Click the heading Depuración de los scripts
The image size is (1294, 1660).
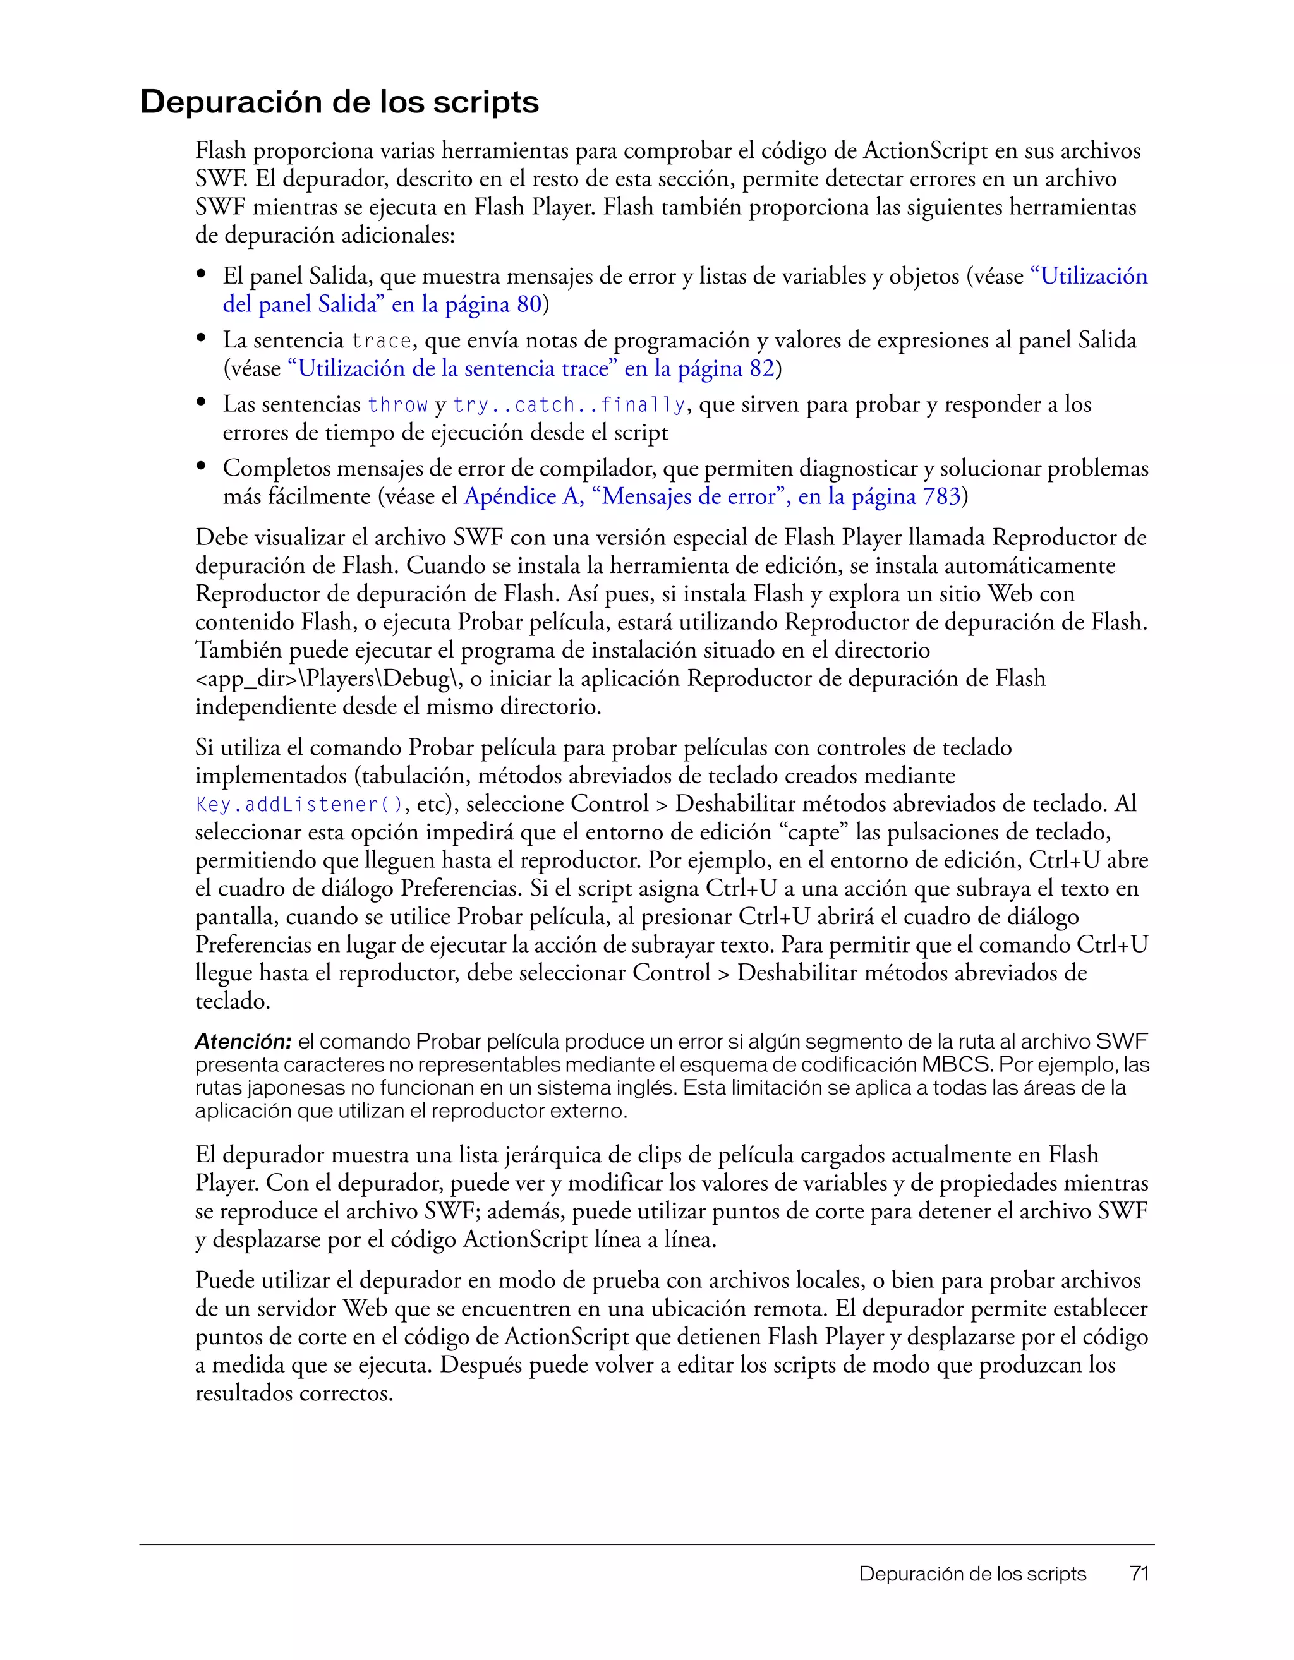pos(339,102)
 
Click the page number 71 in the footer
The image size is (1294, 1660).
pos(1138,1573)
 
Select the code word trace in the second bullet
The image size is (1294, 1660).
pos(381,340)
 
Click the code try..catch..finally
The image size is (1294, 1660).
pos(569,405)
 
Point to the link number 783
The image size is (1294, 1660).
pos(942,496)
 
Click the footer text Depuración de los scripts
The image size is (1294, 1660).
pos(972,1573)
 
